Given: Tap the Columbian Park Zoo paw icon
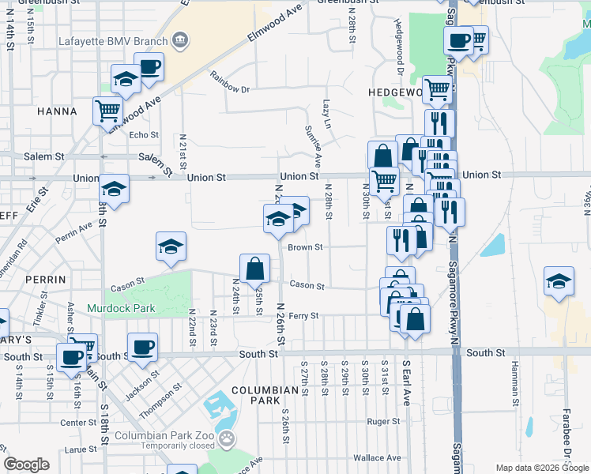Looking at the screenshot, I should pyautogui.click(x=227, y=437).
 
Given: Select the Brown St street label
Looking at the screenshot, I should pyautogui.click(x=305, y=247).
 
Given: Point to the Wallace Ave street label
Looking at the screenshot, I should pyautogui.click(x=378, y=458).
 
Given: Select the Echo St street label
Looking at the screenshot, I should pyautogui.click(x=144, y=135).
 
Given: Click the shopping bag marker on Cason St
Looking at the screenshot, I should pyautogui.click(x=255, y=269).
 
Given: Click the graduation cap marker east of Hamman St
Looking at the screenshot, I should pyautogui.click(x=559, y=281).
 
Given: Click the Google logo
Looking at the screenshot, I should pyautogui.click(x=27, y=465).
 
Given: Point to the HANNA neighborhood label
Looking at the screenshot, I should pyautogui.click(x=57, y=111).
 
